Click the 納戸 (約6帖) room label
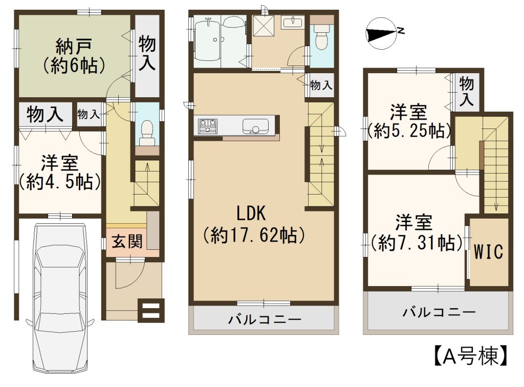[74, 56]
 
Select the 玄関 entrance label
[127, 241]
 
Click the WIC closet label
[489, 252]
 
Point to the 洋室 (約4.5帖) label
[60, 173]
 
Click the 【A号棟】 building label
[471, 355]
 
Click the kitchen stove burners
[208, 126]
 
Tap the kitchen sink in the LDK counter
[255, 126]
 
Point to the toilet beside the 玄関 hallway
[147, 133]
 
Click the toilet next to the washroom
[322, 37]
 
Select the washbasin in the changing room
[293, 23]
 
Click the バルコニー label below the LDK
[265, 319]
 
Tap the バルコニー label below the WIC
[439, 312]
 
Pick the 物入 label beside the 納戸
[147, 53]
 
